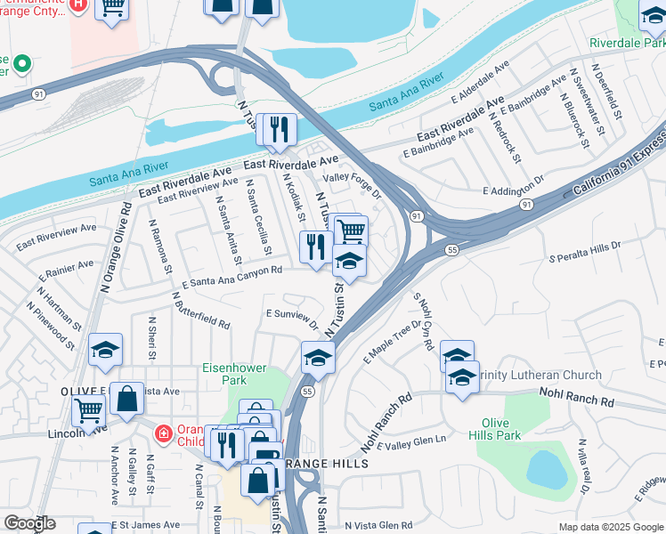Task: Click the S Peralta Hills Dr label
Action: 584,250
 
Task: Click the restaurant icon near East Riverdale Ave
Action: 277,130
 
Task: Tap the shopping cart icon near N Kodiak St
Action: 352,231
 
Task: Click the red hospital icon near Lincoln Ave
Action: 162,434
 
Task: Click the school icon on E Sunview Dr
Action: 317,358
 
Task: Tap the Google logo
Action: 28,523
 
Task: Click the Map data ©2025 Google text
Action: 611,527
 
